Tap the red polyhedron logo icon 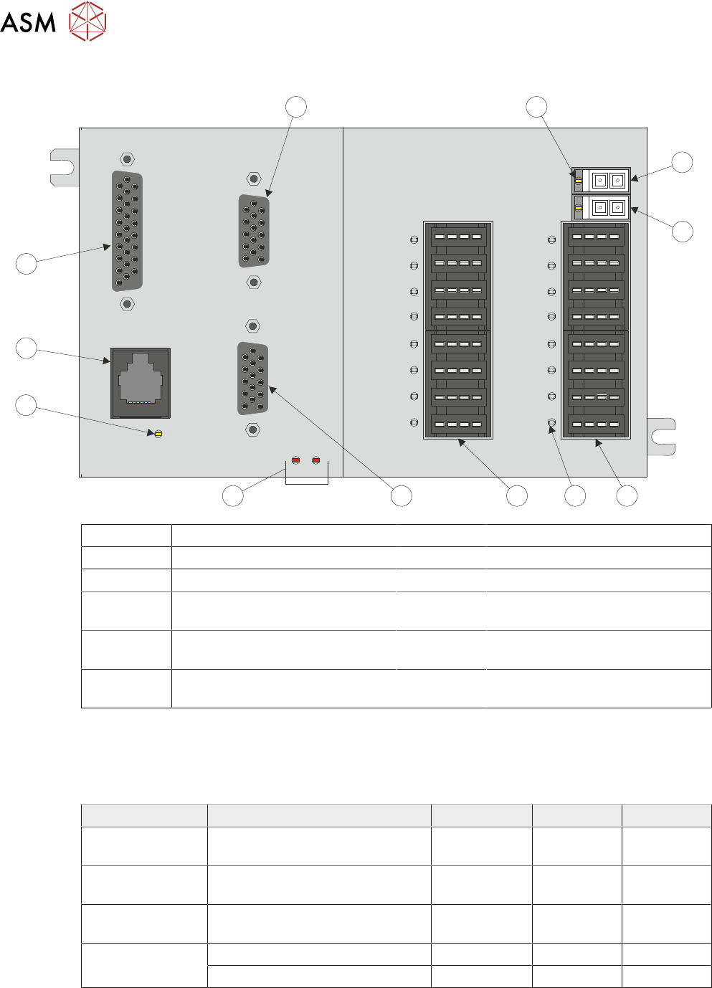tap(87, 21)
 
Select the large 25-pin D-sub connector tap(127, 232)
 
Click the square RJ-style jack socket tap(141, 383)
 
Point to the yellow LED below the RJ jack tap(158, 434)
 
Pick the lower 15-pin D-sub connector tap(252, 379)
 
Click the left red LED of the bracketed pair tap(295, 460)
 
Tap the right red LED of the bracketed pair tap(315, 460)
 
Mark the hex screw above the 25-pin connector tap(127, 159)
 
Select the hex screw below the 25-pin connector tap(127, 304)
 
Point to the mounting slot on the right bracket tap(662, 437)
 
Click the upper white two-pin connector tap(609, 181)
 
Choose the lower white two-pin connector tap(609, 208)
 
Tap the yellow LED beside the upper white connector tap(579, 181)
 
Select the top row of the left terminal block tap(458, 237)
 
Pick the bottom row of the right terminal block tap(596, 424)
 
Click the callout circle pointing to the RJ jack tap(27, 348)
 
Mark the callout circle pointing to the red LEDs tap(232, 495)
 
